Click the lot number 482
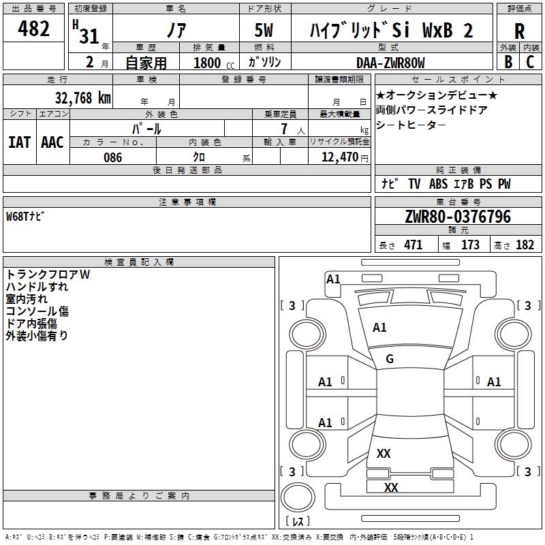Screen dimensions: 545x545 click(33, 28)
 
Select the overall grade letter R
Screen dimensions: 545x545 click(519, 31)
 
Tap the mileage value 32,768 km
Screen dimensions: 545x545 click(82, 97)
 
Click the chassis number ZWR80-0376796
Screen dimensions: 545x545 click(458, 216)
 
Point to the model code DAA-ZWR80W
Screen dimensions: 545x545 click(390, 63)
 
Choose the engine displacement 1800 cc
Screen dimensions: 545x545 click(214, 63)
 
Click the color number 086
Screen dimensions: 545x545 click(113, 157)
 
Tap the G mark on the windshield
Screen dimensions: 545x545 click(390, 359)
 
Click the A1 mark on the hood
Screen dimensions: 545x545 click(379, 328)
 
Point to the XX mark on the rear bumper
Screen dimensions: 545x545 click(391, 487)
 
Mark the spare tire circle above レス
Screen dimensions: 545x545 click(298, 497)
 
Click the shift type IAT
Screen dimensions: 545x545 click(19, 142)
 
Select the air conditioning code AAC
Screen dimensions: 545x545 click(52, 142)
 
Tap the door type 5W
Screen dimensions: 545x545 click(264, 30)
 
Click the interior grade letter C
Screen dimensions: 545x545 click(530, 62)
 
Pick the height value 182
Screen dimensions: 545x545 click(525, 245)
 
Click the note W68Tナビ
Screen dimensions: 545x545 click(25, 216)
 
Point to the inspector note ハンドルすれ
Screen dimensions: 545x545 click(37, 287)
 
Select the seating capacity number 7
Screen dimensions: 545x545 click(284, 129)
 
